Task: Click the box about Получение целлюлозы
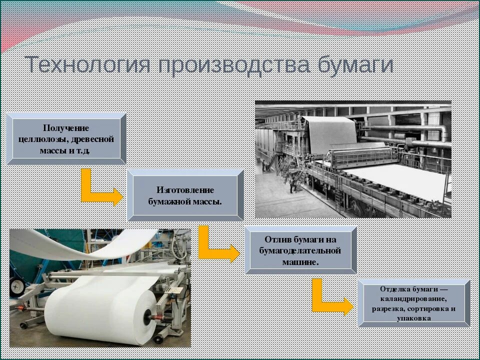[66, 139]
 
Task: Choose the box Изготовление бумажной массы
[185, 195]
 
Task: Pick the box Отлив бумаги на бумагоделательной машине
[300, 250]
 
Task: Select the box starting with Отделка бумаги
[413, 303]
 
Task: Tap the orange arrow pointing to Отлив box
[217, 245]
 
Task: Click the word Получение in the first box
[66, 128]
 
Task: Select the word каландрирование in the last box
[413, 299]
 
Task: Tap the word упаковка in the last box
[413, 318]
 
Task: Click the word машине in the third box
[300, 261]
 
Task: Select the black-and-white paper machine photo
[352, 159]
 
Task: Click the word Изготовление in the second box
[185, 190]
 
